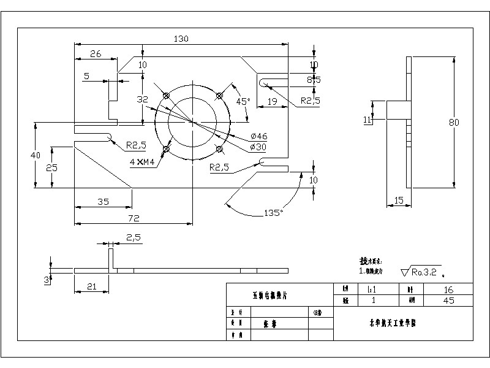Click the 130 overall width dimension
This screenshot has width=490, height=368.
tap(181, 39)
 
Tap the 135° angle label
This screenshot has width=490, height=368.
tap(273, 213)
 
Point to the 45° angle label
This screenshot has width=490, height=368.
tap(243, 101)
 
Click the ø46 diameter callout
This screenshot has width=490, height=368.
tap(259, 136)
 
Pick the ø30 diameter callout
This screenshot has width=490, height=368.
tap(259, 147)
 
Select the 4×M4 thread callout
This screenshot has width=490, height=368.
tap(142, 162)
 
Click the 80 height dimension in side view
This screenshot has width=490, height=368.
tap(454, 123)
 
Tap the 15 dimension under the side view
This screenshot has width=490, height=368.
tap(398, 200)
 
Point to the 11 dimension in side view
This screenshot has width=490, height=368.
tap(367, 120)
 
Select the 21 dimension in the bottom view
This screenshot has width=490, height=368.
tap(92, 287)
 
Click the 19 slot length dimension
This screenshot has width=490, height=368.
tap(273, 101)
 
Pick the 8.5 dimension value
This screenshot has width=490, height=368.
tap(314, 80)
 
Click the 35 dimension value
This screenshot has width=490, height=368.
tap(102, 201)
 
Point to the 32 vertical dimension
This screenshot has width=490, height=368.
tap(142, 99)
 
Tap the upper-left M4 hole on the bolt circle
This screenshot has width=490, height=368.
tap(166, 95)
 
